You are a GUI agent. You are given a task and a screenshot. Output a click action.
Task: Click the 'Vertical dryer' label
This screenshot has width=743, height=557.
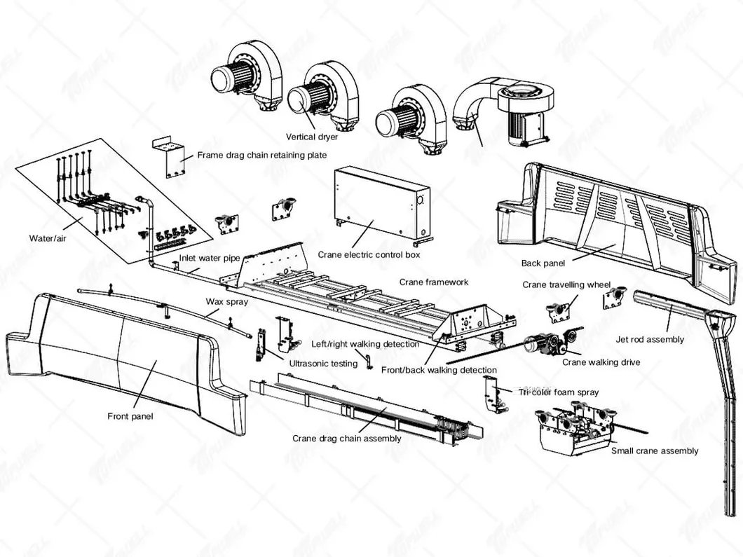pos(312,137)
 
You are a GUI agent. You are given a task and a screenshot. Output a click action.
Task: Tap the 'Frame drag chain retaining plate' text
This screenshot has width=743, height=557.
pos(261,155)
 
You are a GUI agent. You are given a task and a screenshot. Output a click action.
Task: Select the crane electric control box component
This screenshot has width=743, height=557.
pos(382,202)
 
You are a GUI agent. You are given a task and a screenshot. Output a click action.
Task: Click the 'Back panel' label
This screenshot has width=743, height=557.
pos(543,263)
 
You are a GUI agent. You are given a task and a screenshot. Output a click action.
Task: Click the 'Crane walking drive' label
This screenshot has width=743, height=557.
pos(601,362)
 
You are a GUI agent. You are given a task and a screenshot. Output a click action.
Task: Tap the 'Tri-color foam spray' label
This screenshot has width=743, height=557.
pos(559,392)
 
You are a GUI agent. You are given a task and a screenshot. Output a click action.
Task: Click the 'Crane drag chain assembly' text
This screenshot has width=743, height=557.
pos(346,439)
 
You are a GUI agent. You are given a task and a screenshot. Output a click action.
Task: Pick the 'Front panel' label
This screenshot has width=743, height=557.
pos(130,416)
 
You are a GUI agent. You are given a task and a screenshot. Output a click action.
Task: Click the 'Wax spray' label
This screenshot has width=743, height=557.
pos(222,302)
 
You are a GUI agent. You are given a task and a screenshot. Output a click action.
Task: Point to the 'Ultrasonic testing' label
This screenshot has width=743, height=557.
pos(323,364)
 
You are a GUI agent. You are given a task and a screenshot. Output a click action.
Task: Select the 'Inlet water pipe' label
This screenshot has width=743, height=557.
pos(210,259)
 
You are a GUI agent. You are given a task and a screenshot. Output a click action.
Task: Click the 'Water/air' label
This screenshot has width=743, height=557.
pos(46,238)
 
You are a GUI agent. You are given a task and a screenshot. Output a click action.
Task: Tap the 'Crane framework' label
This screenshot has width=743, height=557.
pos(434,282)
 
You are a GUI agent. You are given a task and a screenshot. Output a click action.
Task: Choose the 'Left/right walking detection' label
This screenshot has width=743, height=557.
pos(365,344)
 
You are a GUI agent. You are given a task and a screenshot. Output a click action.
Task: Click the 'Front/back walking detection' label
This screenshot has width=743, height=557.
pos(439,370)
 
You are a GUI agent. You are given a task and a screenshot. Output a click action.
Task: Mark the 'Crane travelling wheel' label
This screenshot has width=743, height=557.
pos(566,285)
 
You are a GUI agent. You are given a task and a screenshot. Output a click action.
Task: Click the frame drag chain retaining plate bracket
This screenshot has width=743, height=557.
pos(169,158)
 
